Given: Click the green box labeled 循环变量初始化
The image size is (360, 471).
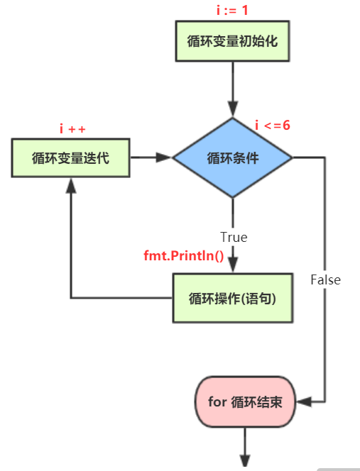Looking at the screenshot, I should click(x=232, y=40).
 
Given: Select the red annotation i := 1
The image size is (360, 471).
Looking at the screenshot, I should click(x=231, y=9).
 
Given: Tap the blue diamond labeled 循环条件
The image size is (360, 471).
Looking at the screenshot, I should click(x=232, y=157).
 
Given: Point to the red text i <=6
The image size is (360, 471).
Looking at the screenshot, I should click(x=273, y=126).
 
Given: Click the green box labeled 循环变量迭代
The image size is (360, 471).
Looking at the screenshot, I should click(x=70, y=157).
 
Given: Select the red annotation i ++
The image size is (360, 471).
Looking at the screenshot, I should click(x=72, y=128).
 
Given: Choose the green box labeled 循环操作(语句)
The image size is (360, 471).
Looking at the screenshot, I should click(x=232, y=298).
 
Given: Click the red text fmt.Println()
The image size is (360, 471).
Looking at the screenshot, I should click(x=184, y=255).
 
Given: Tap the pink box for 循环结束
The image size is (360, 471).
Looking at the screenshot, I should click(x=244, y=401).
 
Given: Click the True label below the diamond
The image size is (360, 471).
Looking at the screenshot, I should click(x=234, y=237).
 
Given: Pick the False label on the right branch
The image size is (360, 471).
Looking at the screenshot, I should click(x=325, y=279).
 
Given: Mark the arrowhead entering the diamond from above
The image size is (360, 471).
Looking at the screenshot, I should click(x=232, y=109).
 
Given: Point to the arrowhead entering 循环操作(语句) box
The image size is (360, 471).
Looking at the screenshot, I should click(x=232, y=265).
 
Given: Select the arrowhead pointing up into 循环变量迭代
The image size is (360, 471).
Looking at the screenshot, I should click(x=70, y=184).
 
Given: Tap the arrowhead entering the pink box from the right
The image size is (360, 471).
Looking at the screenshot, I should click(x=302, y=401).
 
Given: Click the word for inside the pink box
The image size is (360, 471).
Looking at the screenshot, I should click(x=217, y=401).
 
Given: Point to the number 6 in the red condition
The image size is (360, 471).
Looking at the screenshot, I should click(x=287, y=126).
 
